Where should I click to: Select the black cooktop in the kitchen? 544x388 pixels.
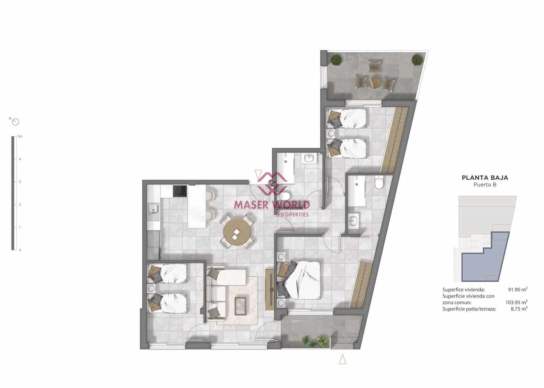pos(180,191)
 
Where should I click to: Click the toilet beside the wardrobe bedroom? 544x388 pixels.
pos(378,183)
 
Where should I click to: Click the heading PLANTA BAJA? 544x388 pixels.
pos(485,178)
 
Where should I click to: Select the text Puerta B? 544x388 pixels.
pos(485,185)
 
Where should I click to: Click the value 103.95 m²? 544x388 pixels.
pos(516,302)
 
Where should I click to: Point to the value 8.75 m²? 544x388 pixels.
pos(519,309)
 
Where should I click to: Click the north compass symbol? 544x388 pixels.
pos(15,122)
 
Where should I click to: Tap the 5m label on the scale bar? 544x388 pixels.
pos(20,137)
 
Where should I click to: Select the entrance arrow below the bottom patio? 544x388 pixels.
pos(342,359)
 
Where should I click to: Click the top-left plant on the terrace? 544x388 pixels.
pos(337,60)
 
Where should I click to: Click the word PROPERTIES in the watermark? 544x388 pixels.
pos(293,214)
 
